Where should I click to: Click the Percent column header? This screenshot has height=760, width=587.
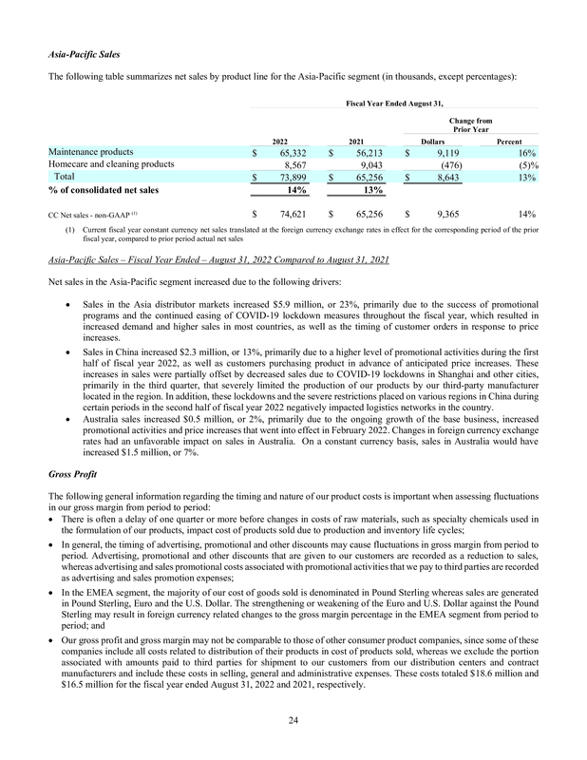[x=509, y=139]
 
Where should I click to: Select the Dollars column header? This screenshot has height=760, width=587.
[x=433, y=139]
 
